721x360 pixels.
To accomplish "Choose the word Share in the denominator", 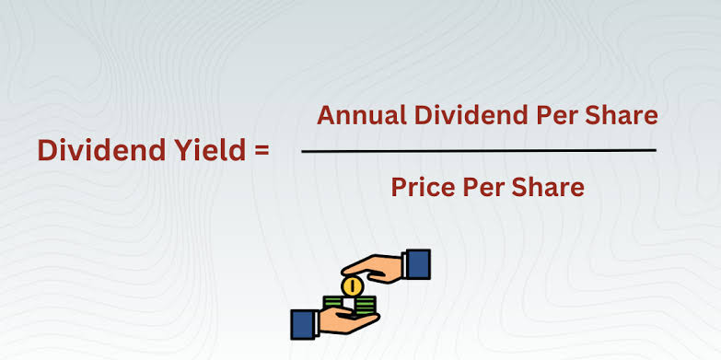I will tap(550, 187).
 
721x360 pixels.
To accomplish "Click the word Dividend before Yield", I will tap(97, 150).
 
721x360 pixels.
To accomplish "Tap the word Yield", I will tap(196, 150).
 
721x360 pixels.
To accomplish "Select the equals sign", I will tap(260, 151).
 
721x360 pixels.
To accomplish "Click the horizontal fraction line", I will tap(479, 150).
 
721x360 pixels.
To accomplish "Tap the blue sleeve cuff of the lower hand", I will tap(304, 324).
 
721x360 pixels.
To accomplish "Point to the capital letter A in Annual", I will tap(326, 115).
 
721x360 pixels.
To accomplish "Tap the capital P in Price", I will tap(399, 187).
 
